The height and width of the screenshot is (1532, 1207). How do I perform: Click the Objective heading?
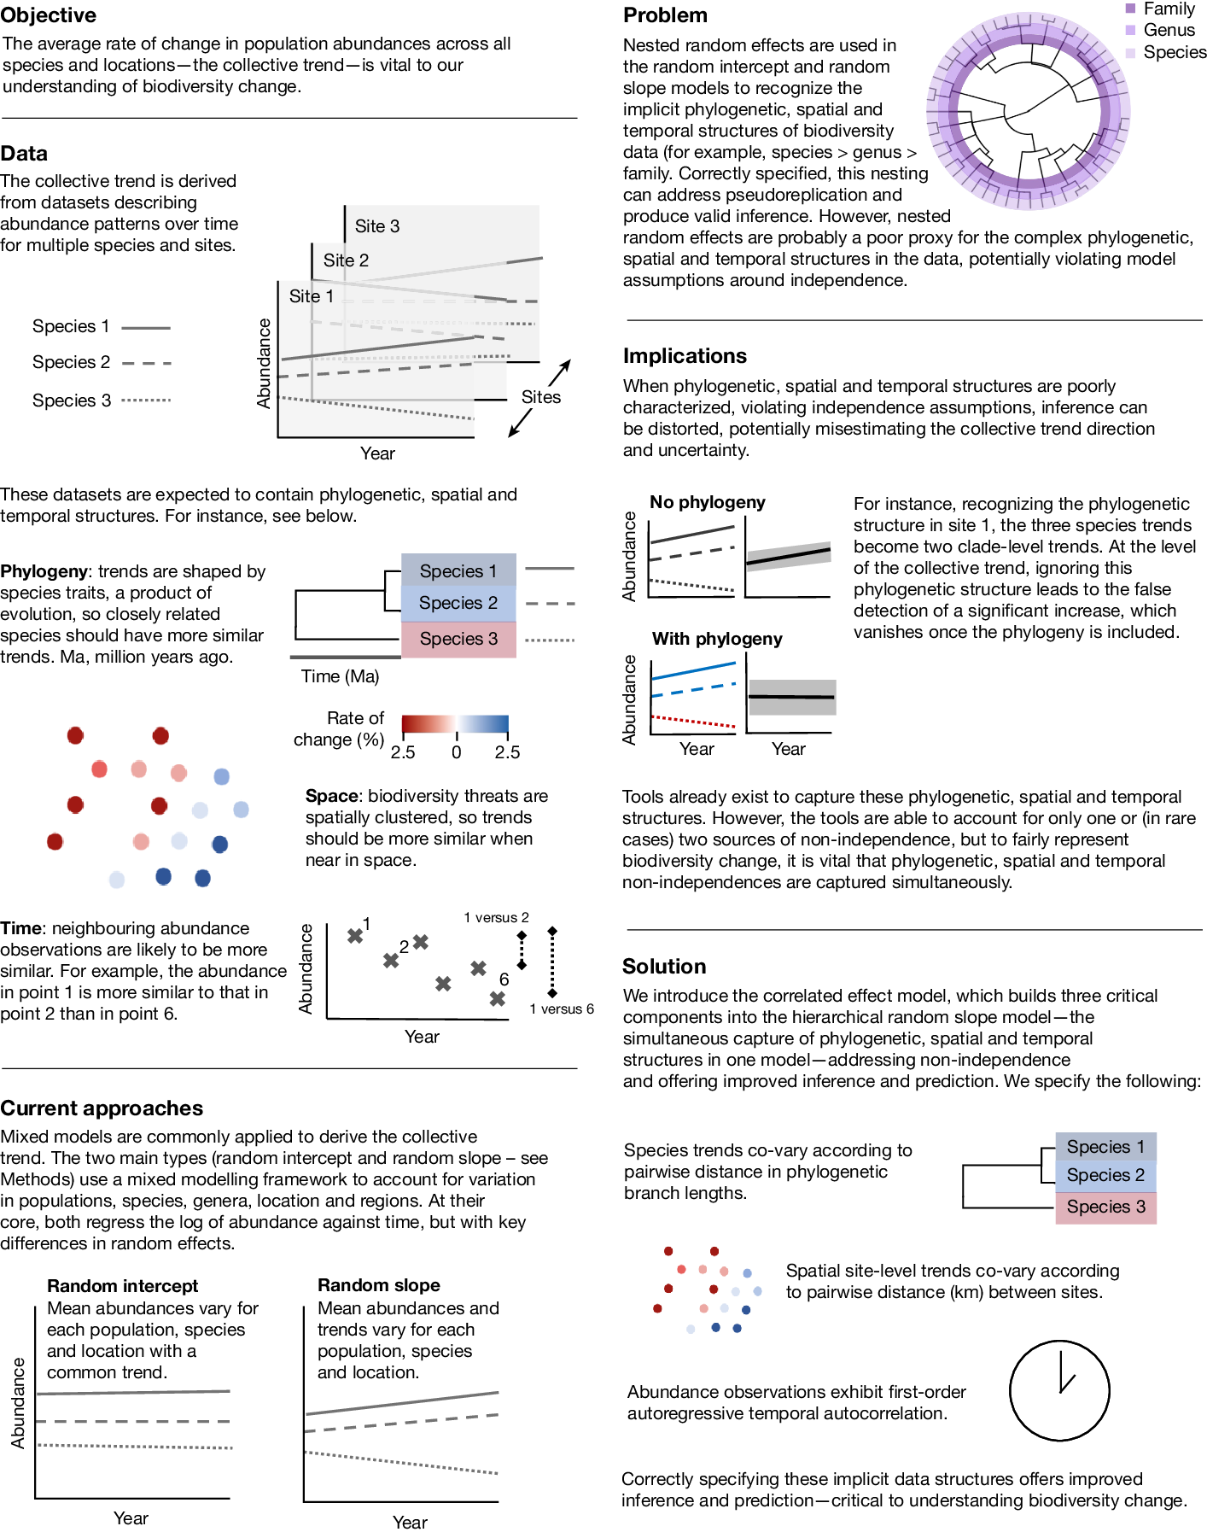point(49,15)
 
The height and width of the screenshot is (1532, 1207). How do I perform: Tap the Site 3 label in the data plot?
point(376,226)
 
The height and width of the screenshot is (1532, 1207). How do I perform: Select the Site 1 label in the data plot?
point(311,296)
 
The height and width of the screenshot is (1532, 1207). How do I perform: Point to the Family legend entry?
point(1168,9)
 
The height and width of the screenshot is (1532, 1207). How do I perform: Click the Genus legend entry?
point(1168,30)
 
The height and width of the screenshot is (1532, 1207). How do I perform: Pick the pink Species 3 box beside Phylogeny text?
point(458,639)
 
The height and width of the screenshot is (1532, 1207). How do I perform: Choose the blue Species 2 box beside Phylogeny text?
point(458,603)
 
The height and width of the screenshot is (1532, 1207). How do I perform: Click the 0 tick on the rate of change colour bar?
point(457,752)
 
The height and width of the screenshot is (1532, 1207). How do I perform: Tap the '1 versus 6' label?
point(562,1009)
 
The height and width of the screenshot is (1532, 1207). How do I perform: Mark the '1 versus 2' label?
point(496,917)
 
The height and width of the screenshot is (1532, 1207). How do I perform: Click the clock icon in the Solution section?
point(1059,1390)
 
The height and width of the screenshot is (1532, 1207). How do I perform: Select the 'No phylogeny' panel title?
point(707,502)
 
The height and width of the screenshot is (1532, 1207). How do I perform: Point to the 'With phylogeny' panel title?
point(717,639)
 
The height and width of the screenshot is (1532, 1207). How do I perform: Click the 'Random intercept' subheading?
point(122,1286)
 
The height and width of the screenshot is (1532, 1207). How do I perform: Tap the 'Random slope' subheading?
point(379,1285)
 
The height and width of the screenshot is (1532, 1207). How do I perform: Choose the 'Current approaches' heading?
point(102,1108)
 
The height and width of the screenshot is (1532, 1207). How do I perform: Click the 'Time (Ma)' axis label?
point(340,676)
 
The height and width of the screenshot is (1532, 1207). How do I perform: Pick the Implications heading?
point(685,356)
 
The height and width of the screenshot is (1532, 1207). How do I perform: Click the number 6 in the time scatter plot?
point(504,979)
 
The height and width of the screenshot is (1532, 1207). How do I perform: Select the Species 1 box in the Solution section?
point(1105,1147)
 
